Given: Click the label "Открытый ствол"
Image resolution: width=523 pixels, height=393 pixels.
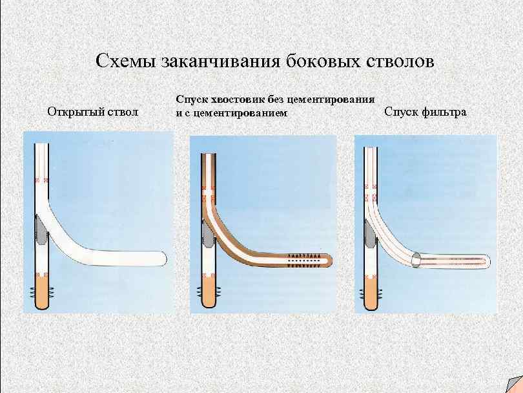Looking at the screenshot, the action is [x=93, y=112].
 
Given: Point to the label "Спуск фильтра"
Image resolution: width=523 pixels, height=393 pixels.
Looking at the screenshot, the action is [x=426, y=112].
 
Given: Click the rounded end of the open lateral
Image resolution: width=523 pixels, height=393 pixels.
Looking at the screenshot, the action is [x=161, y=257].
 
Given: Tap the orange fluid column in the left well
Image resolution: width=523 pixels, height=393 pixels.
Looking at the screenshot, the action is [x=41, y=293].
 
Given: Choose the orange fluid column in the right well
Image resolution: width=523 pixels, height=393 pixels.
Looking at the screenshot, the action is [x=371, y=293].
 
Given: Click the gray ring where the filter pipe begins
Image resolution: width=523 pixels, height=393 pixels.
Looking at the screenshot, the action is [x=416, y=260].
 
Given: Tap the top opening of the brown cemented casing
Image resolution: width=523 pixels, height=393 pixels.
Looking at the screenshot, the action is [x=208, y=156].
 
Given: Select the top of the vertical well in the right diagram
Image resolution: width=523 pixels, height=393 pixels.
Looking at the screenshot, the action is [x=371, y=151].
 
